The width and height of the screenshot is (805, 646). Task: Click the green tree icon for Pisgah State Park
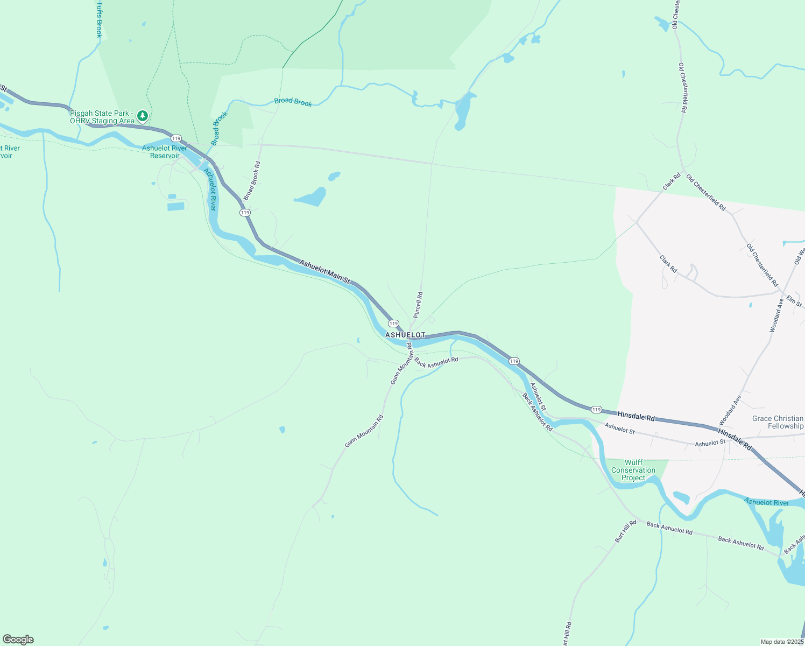tap(142, 115)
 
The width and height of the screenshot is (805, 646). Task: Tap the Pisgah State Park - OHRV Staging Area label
tap(102, 117)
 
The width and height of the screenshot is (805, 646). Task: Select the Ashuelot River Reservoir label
tap(165, 152)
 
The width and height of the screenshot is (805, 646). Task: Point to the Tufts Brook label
tap(99, 19)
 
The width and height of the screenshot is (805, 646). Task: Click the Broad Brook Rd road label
tap(252, 181)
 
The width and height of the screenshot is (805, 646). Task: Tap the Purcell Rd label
tap(418, 305)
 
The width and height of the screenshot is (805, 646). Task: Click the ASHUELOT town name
tap(405, 335)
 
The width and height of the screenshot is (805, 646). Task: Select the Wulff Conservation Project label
tap(633, 470)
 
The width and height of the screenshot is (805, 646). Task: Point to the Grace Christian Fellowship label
tap(778, 422)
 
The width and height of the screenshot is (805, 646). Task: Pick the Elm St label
tap(794, 301)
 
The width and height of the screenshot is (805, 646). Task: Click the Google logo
tap(18, 640)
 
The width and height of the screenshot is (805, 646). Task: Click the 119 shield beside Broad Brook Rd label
tap(245, 213)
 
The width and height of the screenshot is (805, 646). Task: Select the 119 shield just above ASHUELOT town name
tap(393, 324)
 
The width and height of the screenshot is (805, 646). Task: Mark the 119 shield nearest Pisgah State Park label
tap(176, 138)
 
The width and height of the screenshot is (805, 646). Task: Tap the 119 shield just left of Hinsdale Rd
tap(596, 409)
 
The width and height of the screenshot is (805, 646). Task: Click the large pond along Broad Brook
tap(463, 111)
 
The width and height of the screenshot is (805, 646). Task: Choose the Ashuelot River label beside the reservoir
tap(210, 189)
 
